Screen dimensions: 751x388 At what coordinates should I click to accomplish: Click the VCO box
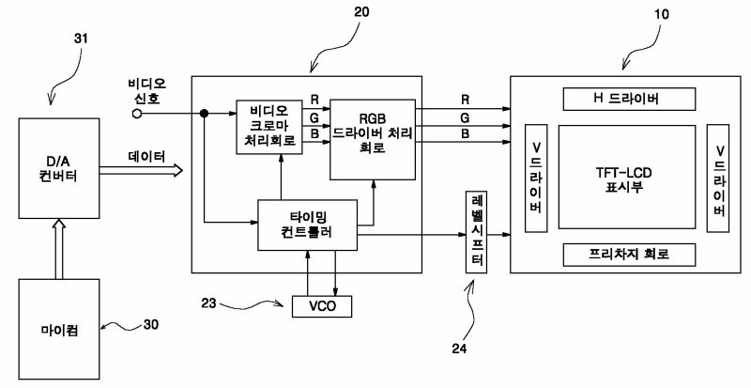coord(322,306)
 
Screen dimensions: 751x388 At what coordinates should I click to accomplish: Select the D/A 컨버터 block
coord(59,168)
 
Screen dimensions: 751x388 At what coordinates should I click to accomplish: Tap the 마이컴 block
coord(59,331)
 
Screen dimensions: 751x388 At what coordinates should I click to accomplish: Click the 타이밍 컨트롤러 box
coord(308,225)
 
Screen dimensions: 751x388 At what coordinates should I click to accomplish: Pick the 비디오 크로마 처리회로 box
coord(269,127)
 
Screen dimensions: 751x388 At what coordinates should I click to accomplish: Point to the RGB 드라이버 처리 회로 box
coord(373,140)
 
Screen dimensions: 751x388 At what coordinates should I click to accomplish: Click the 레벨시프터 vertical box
coord(477,232)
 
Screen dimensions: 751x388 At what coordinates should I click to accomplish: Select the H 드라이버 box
coord(629,99)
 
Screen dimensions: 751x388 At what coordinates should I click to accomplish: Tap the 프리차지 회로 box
coord(629,255)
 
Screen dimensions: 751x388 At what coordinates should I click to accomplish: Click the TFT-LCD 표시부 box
coord(627,177)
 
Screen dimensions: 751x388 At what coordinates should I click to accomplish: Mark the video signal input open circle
coord(137,114)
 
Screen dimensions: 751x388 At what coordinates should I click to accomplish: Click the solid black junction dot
coord(204,114)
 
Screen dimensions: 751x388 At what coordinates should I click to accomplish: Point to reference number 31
coord(81,39)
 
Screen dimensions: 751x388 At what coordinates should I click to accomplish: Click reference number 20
coord(361,11)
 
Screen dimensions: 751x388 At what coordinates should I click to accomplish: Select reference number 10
coord(662,14)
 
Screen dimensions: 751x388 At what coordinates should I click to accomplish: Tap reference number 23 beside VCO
coord(208,303)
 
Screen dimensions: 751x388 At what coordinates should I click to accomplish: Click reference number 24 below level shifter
coord(459,349)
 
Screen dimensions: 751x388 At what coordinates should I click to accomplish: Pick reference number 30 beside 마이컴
coord(151,325)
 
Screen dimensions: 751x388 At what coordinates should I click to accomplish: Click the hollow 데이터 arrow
coord(142,170)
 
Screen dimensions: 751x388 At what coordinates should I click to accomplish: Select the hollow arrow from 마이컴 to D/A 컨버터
coord(59,249)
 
